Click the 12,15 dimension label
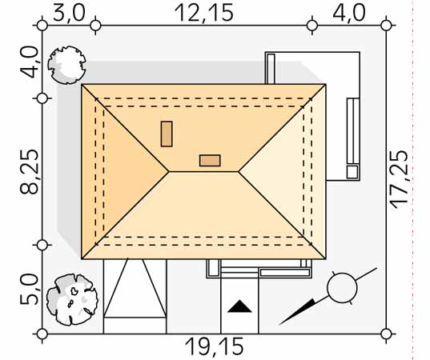(x=204, y=13)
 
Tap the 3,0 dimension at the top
(x=69, y=13)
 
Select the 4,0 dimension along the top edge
(x=349, y=13)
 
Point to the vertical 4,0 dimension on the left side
(x=29, y=62)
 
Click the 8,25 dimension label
(x=29, y=172)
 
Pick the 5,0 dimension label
(x=29, y=290)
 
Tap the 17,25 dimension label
(x=400, y=179)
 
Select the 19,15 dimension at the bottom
(x=214, y=346)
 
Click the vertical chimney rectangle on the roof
(x=167, y=134)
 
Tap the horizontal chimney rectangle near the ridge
(x=210, y=161)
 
